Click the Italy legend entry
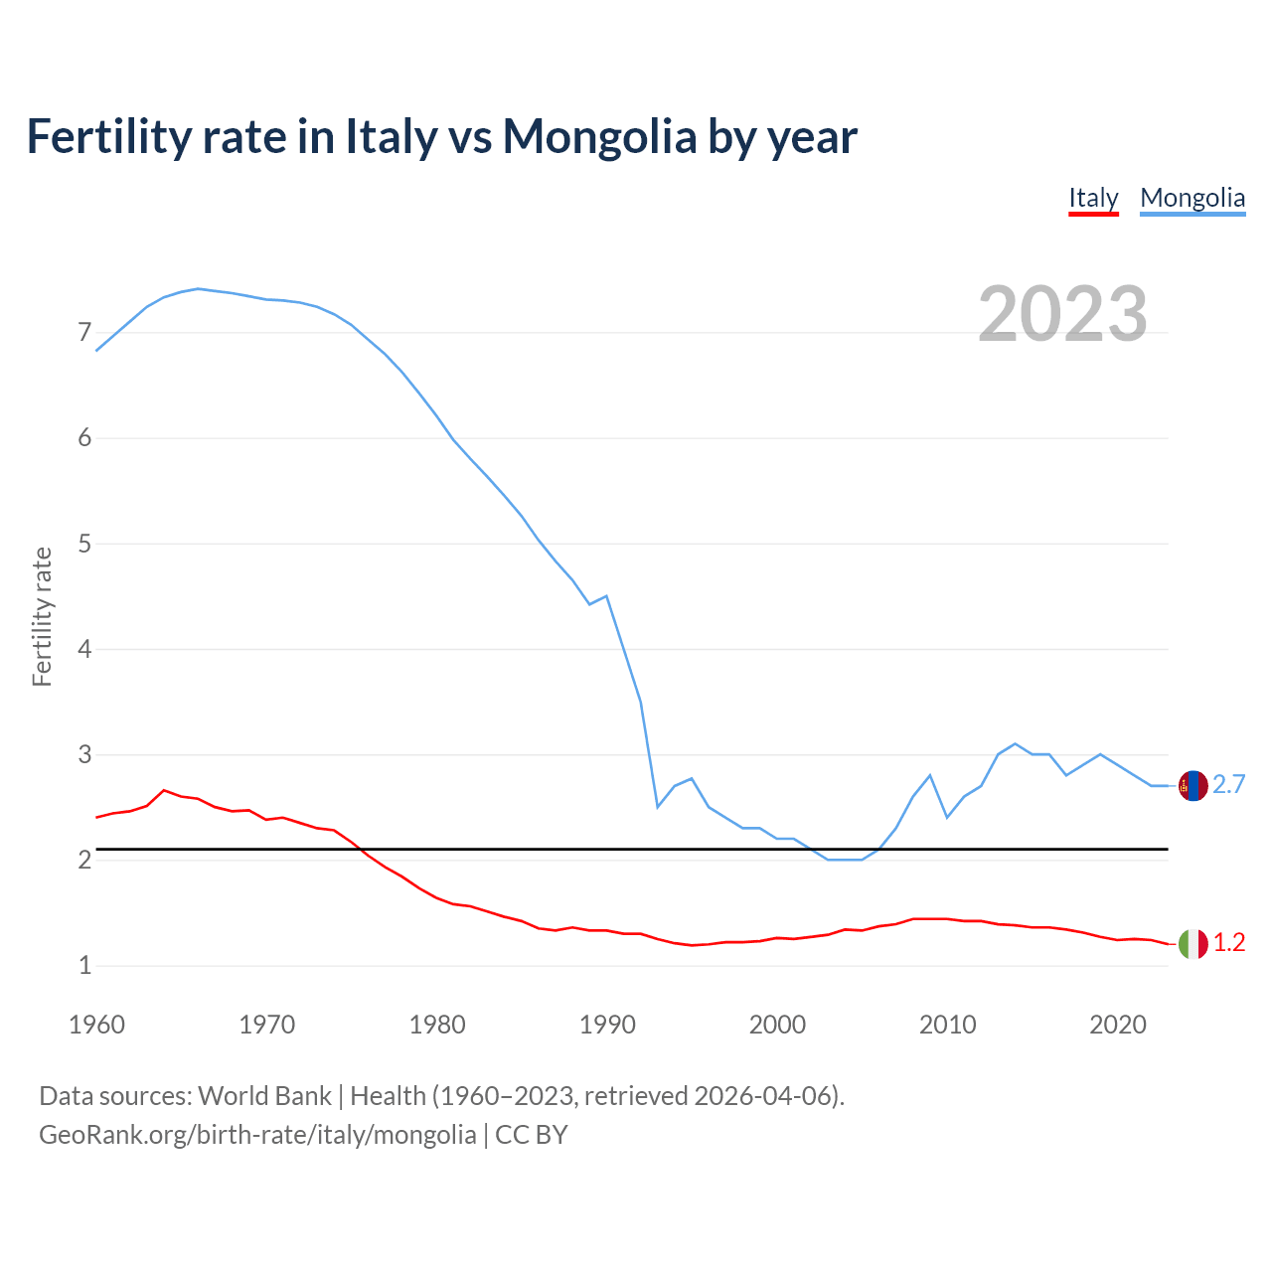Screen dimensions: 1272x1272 pyautogui.click(x=1093, y=198)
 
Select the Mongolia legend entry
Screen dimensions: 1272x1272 pyautogui.click(x=1192, y=198)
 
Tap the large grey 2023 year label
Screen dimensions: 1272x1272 pyautogui.click(x=1062, y=314)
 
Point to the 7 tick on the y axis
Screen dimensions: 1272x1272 pyautogui.click(x=84, y=332)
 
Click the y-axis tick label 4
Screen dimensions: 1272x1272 pyautogui.click(x=84, y=649)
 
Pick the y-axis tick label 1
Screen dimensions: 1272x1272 pyautogui.click(x=84, y=965)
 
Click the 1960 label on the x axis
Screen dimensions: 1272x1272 pyautogui.click(x=96, y=1025)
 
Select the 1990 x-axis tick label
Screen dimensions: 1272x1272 pyautogui.click(x=607, y=1025)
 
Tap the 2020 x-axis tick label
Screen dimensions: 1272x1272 pyautogui.click(x=1118, y=1025)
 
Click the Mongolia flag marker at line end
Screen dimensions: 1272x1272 pyautogui.click(x=1192, y=785)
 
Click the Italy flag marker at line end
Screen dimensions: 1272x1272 pyautogui.click(x=1192, y=943)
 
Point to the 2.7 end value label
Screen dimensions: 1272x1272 pyautogui.click(x=1229, y=785)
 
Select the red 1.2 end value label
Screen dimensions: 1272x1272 pyautogui.click(x=1229, y=943)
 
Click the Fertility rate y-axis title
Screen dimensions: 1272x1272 pyautogui.click(x=42, y=616)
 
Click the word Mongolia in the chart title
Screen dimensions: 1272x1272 pyautogui.click(x=599, y=137)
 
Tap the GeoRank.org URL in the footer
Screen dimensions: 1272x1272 pyautogui.click(x=257, y=1135)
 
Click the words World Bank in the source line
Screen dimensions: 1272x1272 pyautogui.click(x=264, y=1096)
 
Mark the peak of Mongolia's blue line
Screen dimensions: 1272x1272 pyautogui.click(x=198, y=288)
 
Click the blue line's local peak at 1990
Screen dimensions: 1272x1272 pyautogui.click(x=606, y=596)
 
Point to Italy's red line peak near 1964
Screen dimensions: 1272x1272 pyautogui.click(x=164, y=790)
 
